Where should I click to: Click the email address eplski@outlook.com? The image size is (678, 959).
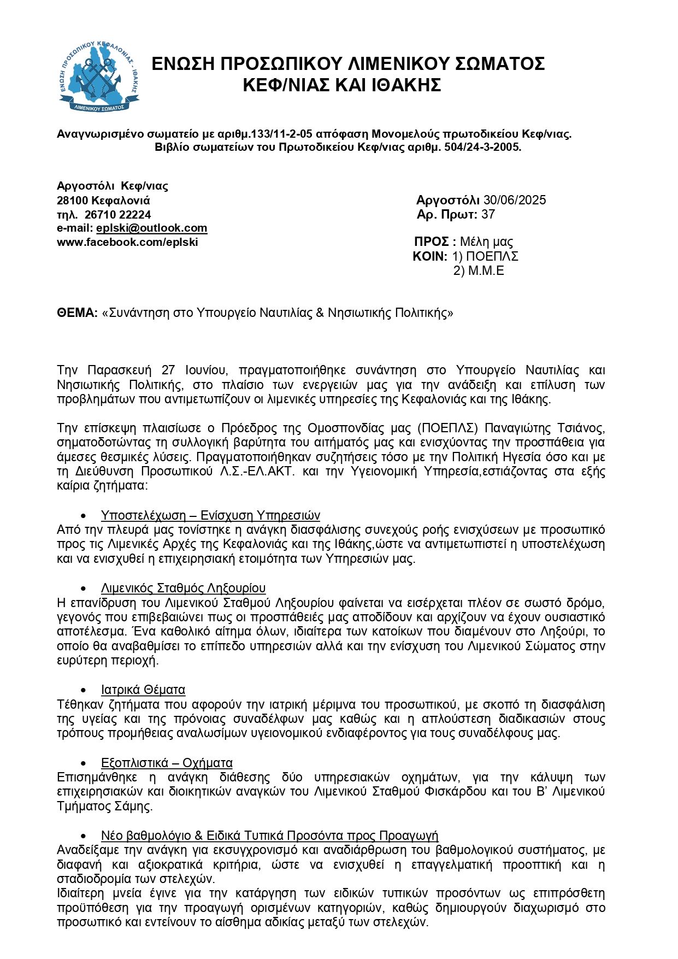click(x=151, y=228)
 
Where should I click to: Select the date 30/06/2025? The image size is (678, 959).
click(x=515, y=201)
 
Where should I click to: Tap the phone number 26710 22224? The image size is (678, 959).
click(x=117, y=215)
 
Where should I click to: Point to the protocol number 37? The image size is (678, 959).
click(x=488, y=215)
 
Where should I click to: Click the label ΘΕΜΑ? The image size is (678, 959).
click(x=77, y=313)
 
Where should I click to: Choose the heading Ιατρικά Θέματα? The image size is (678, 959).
click(x=143, y=690)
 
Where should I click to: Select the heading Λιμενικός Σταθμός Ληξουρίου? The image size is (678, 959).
click(x=183, y=589)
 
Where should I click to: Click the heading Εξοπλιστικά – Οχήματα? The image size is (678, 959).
click(x=167, y=763)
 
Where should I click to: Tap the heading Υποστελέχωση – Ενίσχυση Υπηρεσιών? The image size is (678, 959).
click(x=210, y=516)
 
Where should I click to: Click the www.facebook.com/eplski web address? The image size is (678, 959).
click(x=127, y=243)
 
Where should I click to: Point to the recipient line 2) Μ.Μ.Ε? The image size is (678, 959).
click(x=479, y=271)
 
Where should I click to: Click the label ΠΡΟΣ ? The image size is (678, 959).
click(x=435, y=242)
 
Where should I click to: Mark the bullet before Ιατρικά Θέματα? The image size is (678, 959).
click(x=84, y=691)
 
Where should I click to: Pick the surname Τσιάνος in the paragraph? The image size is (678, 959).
click(x=581, y=428)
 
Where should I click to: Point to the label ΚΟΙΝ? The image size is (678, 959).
click(x=430, y=257)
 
